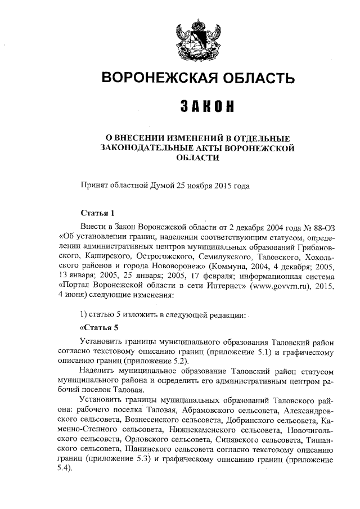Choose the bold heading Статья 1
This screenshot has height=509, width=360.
98,213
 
